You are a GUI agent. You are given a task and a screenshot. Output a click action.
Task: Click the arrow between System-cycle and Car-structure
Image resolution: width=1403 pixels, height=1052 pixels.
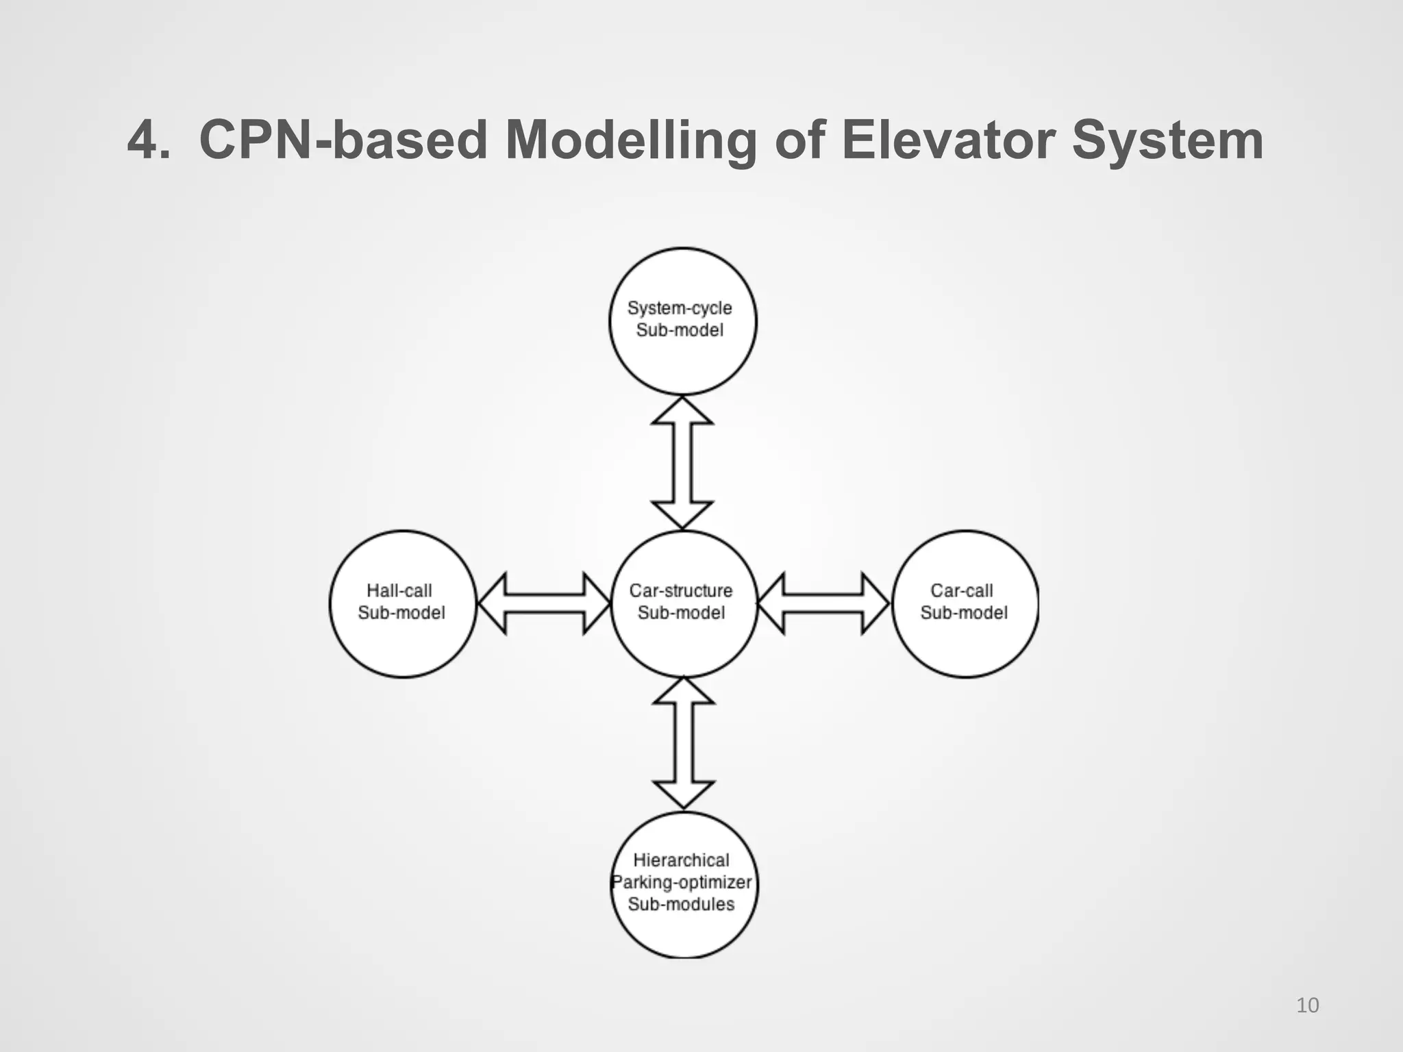[682, 463]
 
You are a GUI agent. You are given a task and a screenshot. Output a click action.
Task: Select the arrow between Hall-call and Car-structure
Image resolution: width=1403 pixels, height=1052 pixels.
[544, 603]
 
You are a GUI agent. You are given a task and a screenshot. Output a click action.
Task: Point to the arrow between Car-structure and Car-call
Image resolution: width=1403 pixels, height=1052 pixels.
[823, 603]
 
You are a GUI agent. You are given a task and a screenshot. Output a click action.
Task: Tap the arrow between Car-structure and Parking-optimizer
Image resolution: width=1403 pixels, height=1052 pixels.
[684, 742]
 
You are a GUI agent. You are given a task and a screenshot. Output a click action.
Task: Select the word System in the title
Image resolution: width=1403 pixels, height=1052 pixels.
[1167, 140]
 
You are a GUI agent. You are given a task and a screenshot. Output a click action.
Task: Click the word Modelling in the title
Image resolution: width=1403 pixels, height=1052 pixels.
[631, 140]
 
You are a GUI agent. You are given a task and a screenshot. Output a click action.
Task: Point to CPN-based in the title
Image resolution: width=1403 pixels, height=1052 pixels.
[343, 140]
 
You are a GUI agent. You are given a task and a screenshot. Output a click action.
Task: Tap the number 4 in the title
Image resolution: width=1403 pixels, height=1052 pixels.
[144, 140]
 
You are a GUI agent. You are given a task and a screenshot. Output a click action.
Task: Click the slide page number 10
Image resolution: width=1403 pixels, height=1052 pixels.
[1307, 1005]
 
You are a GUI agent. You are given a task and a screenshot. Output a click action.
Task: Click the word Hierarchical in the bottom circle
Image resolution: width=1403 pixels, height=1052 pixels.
[681, 860]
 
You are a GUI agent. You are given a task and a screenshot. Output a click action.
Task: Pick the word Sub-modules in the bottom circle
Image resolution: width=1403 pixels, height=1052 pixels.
[681, 904]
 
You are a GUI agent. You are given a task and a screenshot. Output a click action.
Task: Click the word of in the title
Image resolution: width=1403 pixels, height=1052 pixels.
[800, 140]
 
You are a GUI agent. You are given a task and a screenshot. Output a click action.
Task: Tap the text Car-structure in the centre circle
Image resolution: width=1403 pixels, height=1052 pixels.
[681, 590]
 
